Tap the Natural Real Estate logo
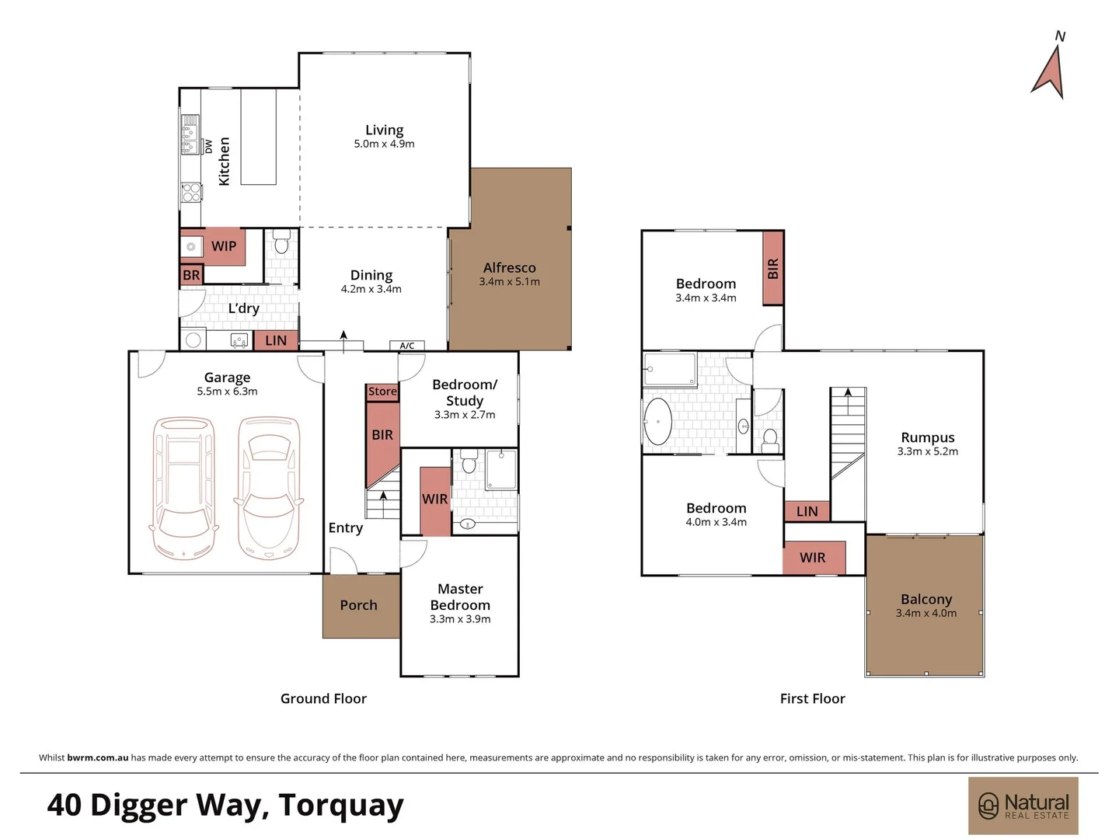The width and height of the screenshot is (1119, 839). [1023, 806]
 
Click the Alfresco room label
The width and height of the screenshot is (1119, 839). [509, 268]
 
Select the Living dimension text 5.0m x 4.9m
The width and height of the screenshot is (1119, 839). [384, 144]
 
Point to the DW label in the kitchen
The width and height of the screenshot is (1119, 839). [208, 146]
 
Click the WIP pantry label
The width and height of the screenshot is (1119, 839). [223, 246]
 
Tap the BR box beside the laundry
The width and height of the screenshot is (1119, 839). [191, 276]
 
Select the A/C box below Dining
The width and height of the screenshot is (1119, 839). [407, 346]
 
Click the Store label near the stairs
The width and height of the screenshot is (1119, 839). [382, 392]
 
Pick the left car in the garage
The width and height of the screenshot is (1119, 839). [183, 488]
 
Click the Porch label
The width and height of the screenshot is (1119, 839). [358, 605]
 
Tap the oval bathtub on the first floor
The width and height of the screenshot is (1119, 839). [658, 422]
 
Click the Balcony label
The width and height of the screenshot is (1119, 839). [926, 600]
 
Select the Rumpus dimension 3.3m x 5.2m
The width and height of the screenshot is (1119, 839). [927, 451]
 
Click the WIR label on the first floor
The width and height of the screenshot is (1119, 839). [812, 558]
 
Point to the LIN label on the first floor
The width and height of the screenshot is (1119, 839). [807, 511]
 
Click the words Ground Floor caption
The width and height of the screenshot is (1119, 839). [323, 698]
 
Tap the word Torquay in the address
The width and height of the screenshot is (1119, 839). [341, 806]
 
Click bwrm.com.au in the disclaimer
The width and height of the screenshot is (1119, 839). [98, 757]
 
